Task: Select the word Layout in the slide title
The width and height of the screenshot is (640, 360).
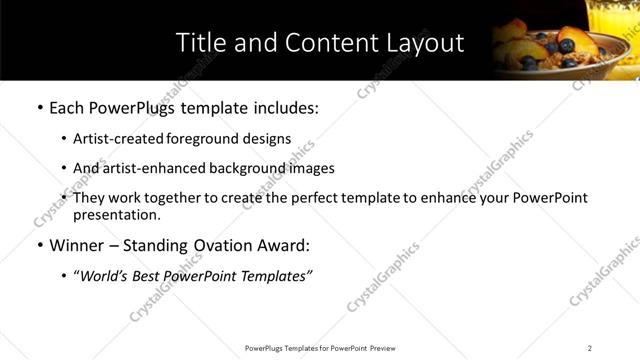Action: [425, 43]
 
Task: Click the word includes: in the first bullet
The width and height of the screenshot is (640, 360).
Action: [286, 108]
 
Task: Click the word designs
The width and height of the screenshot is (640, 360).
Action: [269, 140]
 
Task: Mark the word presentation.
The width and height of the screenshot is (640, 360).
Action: [117, 215]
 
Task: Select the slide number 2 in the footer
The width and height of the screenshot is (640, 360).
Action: [590, 348]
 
